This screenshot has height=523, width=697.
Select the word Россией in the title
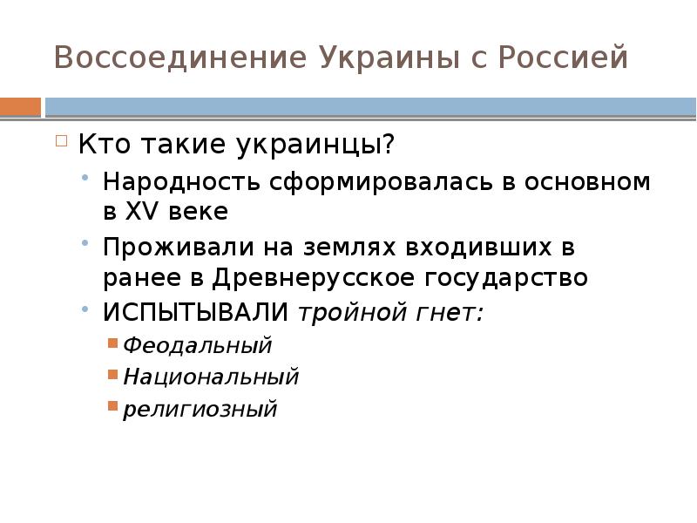[565, 58]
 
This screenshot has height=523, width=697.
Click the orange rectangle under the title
[21, 106]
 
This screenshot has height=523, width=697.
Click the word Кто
[101, 144]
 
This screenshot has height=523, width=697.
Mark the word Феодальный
[197, 345]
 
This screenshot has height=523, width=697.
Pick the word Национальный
[210, 377]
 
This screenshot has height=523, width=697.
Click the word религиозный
[200, 408]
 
